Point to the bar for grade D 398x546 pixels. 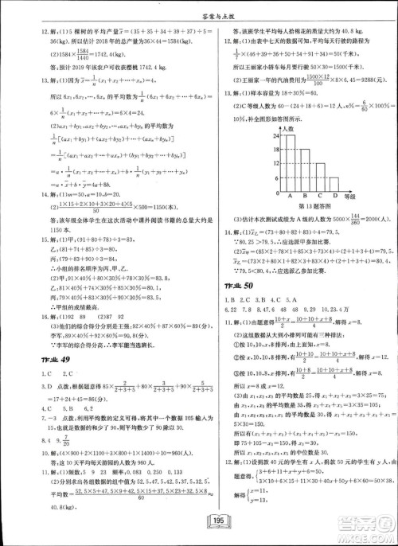(x=339, y=186)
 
